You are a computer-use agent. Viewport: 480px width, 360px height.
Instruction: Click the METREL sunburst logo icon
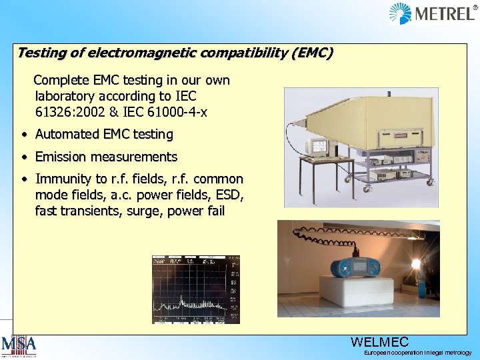(401, 13)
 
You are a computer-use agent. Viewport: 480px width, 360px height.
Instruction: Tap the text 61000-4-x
(175, 112)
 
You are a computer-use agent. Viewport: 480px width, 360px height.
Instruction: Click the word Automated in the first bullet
(67, 134)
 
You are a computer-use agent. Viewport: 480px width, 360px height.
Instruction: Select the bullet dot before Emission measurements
(23, 157)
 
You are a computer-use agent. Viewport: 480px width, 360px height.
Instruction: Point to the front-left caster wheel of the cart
(366, 190)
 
